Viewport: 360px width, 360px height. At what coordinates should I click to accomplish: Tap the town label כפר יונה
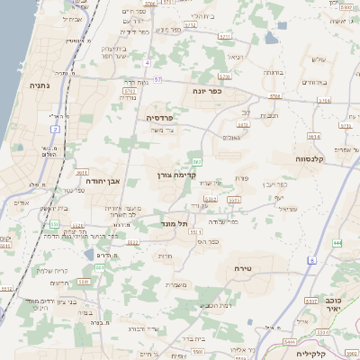click(207, 91)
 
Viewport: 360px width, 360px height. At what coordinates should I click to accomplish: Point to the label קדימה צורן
click(176, 175)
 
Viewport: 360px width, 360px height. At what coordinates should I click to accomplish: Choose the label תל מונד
click(175, 223)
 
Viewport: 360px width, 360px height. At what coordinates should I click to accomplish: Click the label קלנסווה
click(309, 157)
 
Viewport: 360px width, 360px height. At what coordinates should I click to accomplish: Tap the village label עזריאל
click(287, 209)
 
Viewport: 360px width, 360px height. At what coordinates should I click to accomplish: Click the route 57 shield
click(157, 80)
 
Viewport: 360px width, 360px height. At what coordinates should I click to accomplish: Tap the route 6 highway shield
click(312, 260)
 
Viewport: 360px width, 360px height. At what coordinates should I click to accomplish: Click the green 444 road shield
click(337, 243)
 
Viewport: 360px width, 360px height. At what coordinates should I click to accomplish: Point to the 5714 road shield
click(274, 95)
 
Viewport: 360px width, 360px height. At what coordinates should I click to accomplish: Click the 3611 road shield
click(81, 171)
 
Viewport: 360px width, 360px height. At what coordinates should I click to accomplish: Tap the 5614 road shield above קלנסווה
click(313, 137)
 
